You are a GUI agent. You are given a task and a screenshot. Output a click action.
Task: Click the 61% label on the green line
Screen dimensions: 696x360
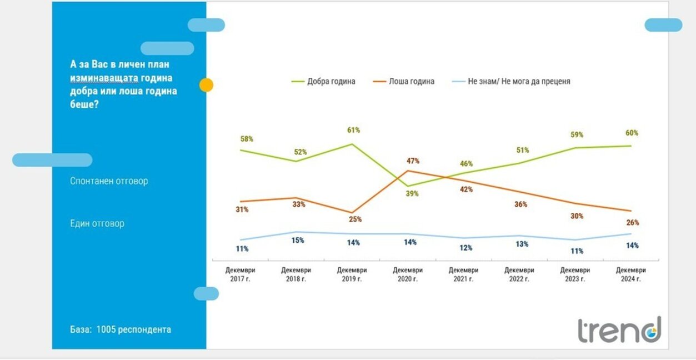pos(354,130)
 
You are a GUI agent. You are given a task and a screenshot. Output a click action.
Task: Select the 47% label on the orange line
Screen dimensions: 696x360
pos(413,161)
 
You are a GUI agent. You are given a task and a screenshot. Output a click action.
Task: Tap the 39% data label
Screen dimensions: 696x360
pos(412,194)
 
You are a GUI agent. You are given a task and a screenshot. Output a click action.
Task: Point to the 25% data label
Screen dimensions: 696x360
pos(355,219)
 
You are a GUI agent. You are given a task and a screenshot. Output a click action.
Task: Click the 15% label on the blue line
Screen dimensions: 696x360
pos(298,241)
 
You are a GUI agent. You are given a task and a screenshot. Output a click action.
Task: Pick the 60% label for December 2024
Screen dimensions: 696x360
pos(632,133)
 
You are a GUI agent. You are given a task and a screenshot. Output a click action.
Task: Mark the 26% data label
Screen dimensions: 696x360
pos(633,223)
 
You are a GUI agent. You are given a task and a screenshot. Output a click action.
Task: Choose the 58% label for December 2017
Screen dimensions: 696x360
pos(247,139)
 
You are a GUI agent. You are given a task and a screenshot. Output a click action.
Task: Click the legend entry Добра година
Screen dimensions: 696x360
pos(323,82)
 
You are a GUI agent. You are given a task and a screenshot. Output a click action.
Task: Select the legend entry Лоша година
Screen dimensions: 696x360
pos(404,82)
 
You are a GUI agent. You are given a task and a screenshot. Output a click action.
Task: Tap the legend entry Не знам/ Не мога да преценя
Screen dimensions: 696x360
pos(511,82)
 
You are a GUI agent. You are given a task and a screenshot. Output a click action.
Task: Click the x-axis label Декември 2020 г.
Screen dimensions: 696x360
pos(408,274)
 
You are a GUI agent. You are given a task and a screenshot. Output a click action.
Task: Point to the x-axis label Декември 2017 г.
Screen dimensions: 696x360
pos(240,274)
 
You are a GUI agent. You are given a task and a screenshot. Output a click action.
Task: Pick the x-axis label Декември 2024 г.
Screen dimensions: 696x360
pos(631,274)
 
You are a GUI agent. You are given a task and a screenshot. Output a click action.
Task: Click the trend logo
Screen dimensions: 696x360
pos(619,330)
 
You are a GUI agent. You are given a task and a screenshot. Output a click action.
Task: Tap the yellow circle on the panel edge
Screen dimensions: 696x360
pos(206,85)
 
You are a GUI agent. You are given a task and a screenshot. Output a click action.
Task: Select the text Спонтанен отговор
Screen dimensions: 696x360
pos(109,181)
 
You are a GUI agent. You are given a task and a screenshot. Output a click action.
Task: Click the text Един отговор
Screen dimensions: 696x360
pos(97,223)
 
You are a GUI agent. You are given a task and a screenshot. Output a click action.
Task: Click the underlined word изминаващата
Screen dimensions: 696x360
pos(104,78)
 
